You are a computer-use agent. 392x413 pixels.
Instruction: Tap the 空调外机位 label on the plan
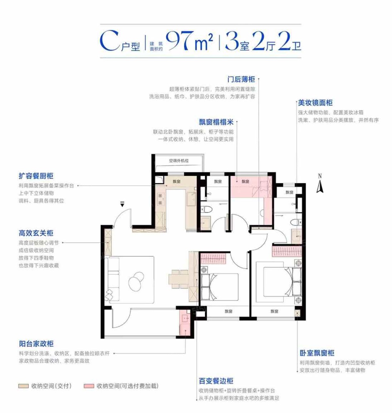click(179, 161)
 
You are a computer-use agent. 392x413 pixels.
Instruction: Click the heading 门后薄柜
click(241, 79)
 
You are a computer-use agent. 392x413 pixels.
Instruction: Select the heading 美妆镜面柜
click(315, 103)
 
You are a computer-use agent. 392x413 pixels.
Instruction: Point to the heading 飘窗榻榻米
click(216, 122)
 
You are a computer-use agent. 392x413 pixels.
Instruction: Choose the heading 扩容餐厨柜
click(36, 176)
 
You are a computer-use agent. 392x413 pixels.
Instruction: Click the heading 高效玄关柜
click(36, 233)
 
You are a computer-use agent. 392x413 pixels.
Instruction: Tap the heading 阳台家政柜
click(36, 344)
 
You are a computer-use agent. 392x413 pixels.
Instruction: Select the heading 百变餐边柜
click(216, 381)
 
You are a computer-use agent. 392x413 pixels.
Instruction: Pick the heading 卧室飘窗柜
click(317, 353)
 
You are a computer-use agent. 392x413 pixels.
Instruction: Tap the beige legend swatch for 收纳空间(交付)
click(23, 386)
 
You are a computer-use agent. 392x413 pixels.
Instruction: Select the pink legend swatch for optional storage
click(89, 386)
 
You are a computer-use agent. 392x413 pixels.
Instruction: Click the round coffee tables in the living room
click(136, 281)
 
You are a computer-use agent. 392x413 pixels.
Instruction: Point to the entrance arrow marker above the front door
click(122, 204)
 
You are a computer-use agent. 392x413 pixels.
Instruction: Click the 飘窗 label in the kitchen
click(177, 182)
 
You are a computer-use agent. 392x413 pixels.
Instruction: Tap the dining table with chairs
click(179, 279)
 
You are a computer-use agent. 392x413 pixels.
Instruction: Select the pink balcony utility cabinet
click(185, 323)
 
